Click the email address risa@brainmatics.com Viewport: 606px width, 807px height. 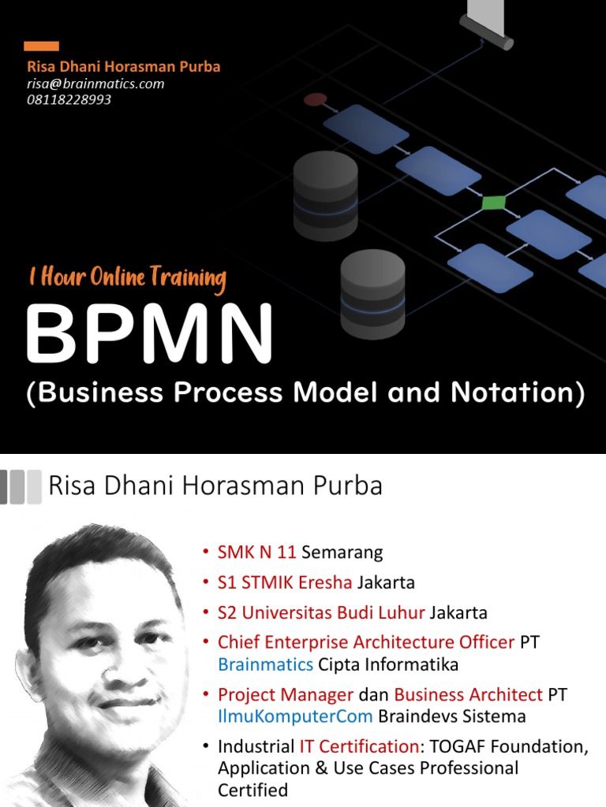95,84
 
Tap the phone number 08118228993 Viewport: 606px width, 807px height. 69,100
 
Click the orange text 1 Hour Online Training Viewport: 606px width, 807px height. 127,277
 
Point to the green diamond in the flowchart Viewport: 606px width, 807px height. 494,203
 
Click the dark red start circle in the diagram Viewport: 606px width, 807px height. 315,99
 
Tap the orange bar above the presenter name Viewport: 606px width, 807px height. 42,46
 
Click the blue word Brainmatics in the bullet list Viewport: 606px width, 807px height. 265,664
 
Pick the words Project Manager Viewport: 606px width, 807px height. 286,694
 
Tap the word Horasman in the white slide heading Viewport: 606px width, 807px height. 236,486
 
